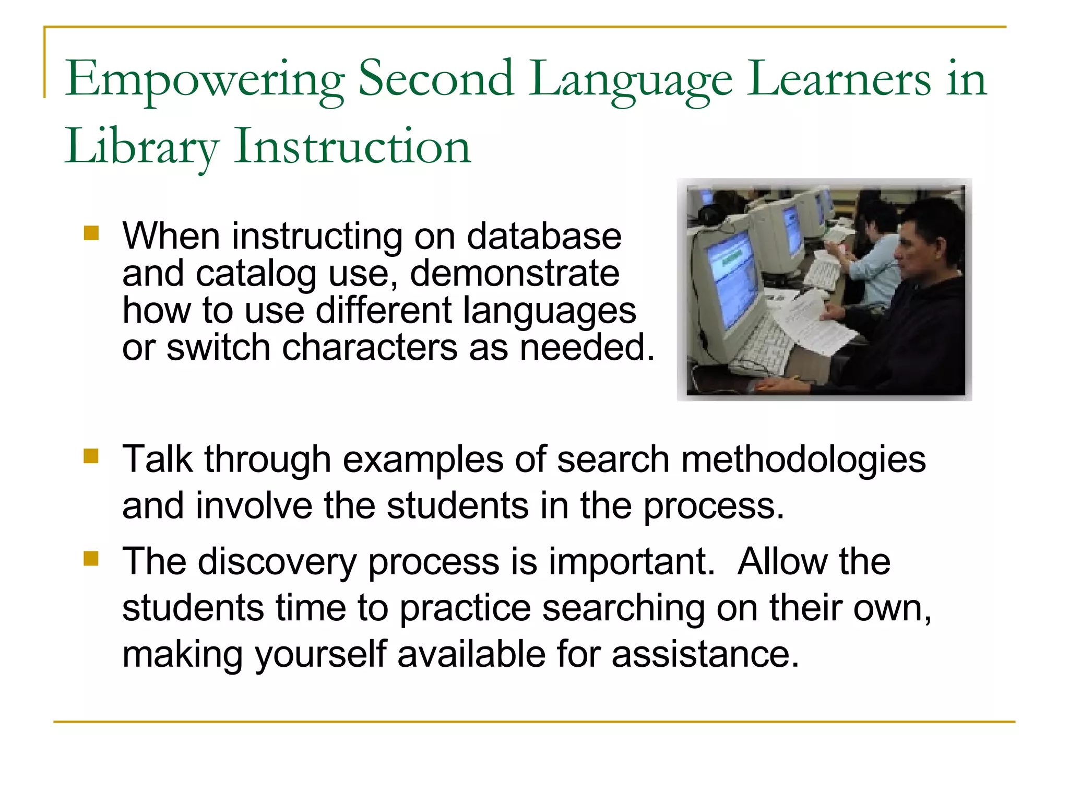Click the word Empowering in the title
pyautogui.click(x=205, y=80)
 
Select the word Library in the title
pyautogui.click(x=141, y=147)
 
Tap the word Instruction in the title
pyautogui.click(x=352, y=147)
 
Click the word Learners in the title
pyautogui.click(x=839, y=79)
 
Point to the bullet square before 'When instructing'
pyautogui.click(x=91, y=233)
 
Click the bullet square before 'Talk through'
pyautogui.click(x=91, y=456)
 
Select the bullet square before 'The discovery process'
pyautogui.click(x=91, y=559)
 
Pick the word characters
pyautogui.click(x=369, y=348)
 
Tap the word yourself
pyautogui.click(x=320, y=654)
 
